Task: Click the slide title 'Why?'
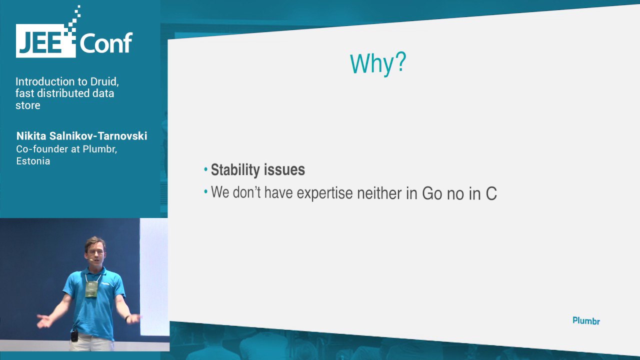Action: (378, 64)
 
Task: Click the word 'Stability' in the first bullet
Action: (235, 169)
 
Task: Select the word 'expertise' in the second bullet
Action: (325, 193)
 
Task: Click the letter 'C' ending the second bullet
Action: (491, 193)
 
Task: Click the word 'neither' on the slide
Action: (379, 193)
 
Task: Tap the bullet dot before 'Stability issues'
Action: (205, 169)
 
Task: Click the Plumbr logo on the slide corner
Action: (586, 321)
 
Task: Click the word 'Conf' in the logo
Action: (106, 43)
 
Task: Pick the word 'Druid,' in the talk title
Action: (104, 81)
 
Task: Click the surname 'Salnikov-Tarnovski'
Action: (98, 136)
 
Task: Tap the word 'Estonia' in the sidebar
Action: (33, 161)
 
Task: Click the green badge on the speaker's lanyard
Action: (91, 289)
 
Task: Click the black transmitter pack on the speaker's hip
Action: (74, 335)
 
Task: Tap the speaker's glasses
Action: (95, 252)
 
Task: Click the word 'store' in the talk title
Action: (28, 105)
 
